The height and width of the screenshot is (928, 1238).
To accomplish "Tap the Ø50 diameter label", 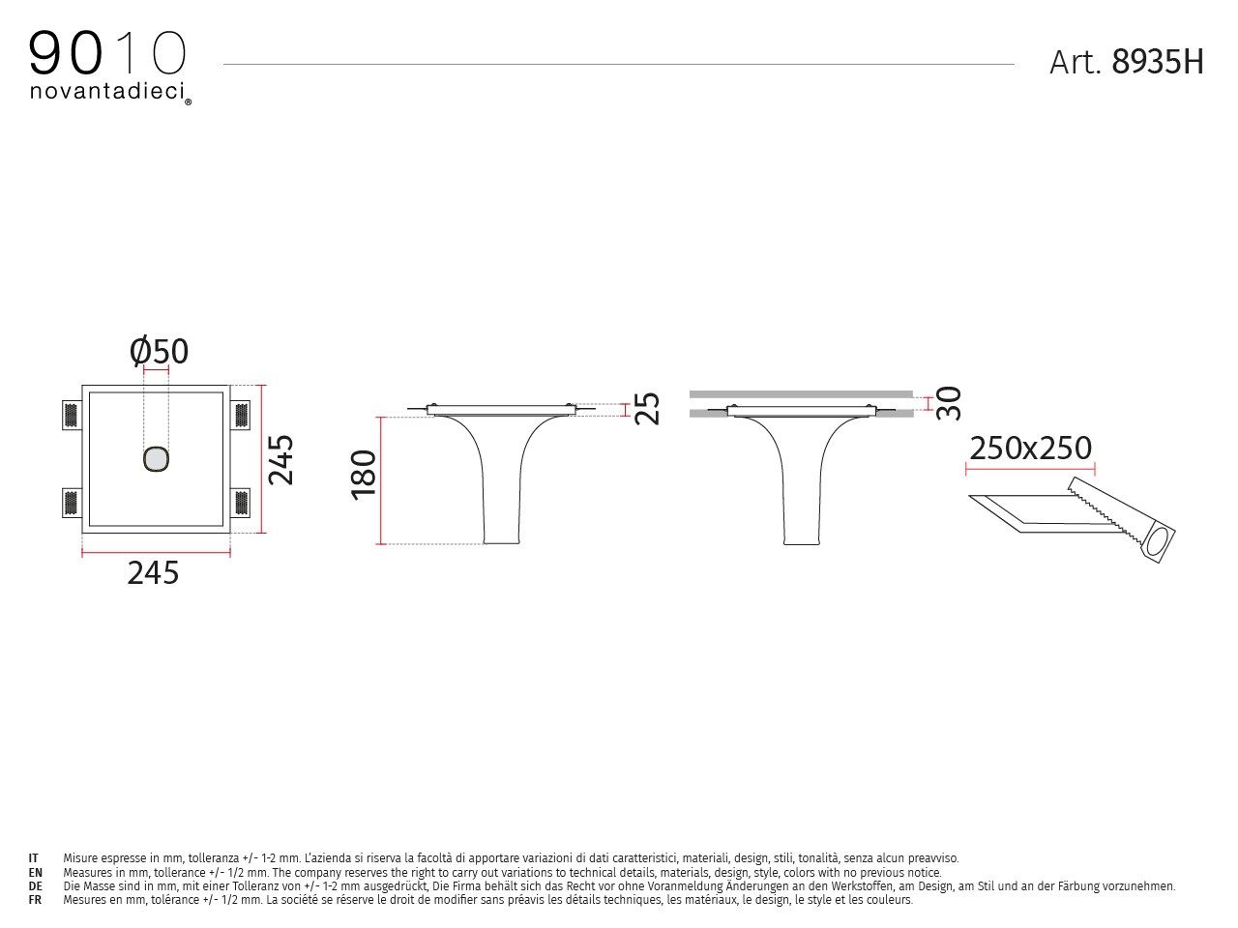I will [160, 351].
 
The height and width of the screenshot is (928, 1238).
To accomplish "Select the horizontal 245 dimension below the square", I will [154, 573].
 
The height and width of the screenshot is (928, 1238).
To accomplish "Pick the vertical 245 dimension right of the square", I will [280, 459].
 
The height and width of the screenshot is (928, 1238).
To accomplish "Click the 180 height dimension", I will [364, 474].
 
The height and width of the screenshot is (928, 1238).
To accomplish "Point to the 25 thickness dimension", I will [647, 408].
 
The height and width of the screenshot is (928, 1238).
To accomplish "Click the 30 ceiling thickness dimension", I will [950, 402].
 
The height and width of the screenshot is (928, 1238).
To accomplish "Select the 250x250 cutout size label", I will [1030, 448].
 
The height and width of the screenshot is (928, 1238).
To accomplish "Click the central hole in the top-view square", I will [156, 459].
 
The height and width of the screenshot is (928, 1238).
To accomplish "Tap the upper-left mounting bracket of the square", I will [70, 416].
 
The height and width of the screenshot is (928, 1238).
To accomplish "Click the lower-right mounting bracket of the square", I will [241, 503].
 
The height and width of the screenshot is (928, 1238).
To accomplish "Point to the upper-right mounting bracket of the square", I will [241, 416].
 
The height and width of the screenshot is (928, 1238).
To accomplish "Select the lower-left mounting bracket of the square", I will [70, 503].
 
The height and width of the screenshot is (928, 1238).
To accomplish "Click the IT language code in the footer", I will [34, 857].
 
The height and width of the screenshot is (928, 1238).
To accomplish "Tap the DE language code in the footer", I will [35, 885].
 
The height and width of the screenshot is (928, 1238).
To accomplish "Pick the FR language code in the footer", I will [35, 899].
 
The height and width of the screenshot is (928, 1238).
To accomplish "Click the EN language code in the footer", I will [35, 872].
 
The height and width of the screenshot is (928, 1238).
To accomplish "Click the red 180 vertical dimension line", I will [383, 480].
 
